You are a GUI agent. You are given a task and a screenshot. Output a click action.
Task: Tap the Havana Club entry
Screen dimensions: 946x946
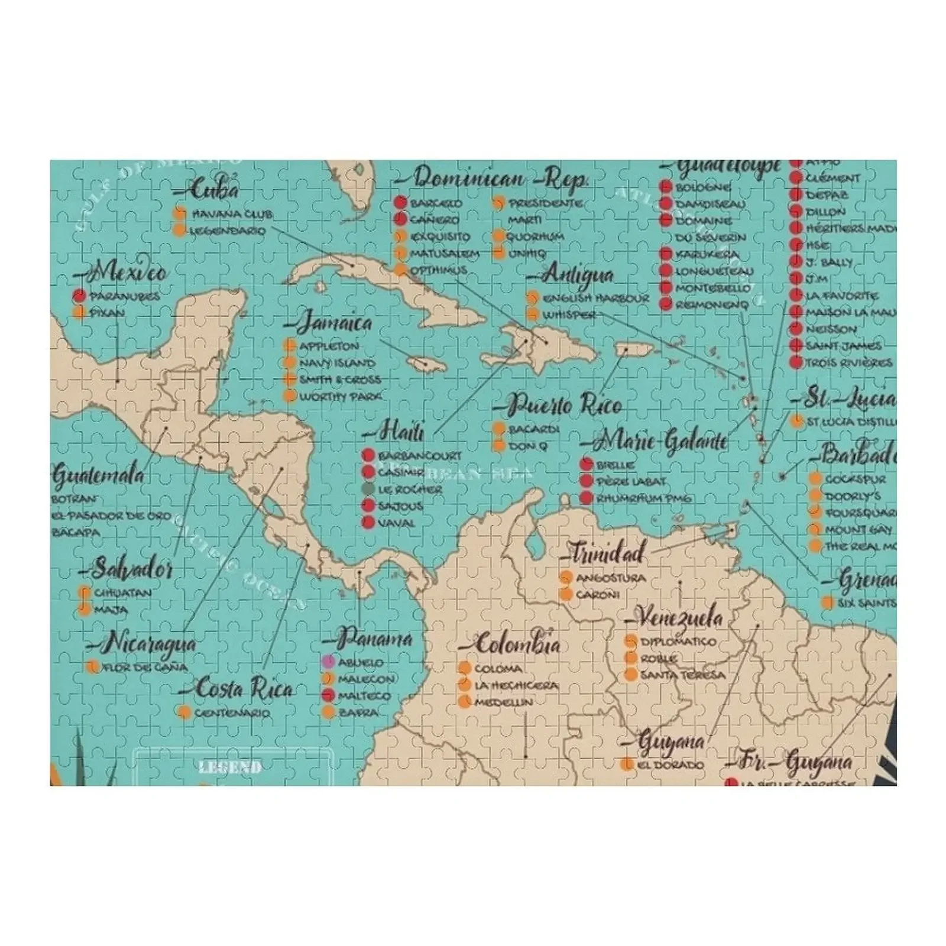pyautogui.click(x=231, y=213)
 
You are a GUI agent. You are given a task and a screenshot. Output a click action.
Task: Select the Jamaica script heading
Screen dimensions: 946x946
pyautogui.click(x=333, y=323)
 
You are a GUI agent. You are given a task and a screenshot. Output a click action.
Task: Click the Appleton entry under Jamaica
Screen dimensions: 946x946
pyautogui.click(x=329, y=346)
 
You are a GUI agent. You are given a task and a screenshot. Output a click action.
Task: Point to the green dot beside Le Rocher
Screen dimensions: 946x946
pyautogui.click(x=368, y=489)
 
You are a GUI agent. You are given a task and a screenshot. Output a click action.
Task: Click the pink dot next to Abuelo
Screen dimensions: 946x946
pyautogui.click(x=329, y=662)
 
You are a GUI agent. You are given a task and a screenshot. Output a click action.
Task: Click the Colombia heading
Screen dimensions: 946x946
pyautogui.click(x=516, y=644)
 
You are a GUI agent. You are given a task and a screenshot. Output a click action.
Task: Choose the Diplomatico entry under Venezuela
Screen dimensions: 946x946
pyautogui.click(x=670, y=642)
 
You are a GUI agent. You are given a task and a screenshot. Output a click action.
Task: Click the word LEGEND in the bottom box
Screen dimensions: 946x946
pyautogui.click(x=230, y=767)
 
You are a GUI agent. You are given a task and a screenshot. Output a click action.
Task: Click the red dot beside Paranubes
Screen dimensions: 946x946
pyautogui.click(x=79, y=296)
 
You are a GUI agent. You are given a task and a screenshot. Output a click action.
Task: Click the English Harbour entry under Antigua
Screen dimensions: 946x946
pyautogui.click(x=595, y=299)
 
